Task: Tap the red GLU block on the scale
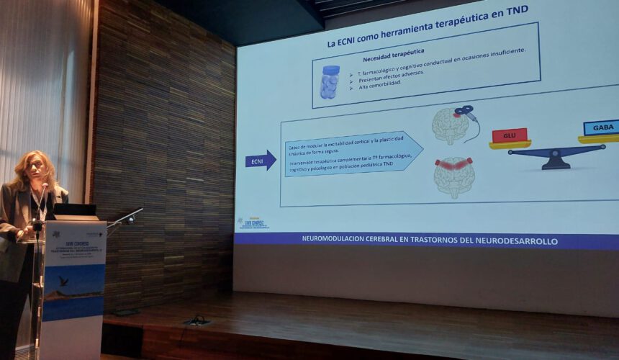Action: (510, 135)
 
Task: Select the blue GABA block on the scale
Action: (600, 127)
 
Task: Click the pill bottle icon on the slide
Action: (330, 81)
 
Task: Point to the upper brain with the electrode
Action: (450, 126)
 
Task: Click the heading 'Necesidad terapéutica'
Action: (393, 53)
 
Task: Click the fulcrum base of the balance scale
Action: (556, 163)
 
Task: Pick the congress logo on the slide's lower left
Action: (253, 223)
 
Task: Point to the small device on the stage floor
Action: (196, 320)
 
